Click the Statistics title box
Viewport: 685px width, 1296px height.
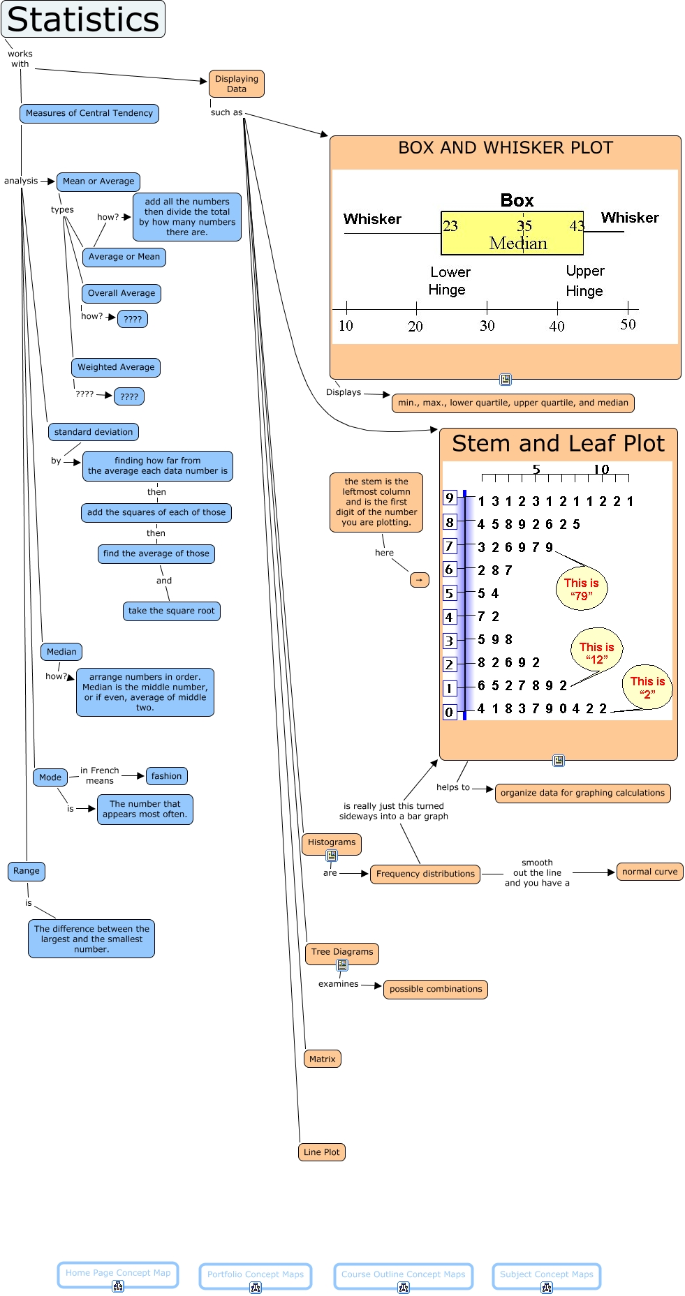pos(83,19)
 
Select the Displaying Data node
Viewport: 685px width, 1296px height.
pos(237,84)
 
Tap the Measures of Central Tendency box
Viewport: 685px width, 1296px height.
pos(89,113)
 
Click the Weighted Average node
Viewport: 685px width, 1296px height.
pos(116,367)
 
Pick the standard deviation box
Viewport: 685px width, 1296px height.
pos(94,432)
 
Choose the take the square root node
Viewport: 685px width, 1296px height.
pos(171,611)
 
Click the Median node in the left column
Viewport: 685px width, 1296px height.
pos(61,652)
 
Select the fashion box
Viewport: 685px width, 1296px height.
pos(166,776)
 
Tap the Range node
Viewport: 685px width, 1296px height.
pos(27,871)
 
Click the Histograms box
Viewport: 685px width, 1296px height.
pos(332,842)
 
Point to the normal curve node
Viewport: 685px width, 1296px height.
pos(649,872)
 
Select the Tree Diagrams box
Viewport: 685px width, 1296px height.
pos(342,952)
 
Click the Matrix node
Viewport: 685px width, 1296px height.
pos(323,1059)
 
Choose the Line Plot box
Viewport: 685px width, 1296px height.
pos(322,1152)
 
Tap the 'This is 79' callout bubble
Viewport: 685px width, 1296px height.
pos(582,588)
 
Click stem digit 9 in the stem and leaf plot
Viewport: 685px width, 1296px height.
pos(450,498)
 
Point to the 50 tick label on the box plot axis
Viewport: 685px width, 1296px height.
pos(628,325)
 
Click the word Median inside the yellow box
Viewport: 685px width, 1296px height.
pos(518,244)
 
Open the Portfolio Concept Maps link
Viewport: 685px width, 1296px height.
pos(256,1274)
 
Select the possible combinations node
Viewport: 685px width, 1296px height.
pos(436,989)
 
